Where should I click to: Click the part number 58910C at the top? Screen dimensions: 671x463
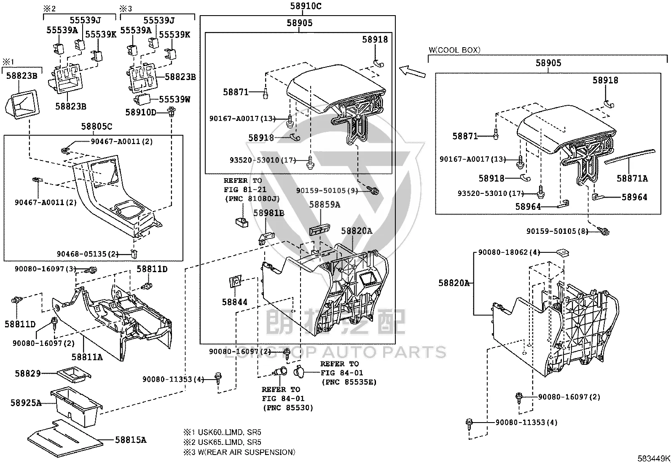coord(306,6)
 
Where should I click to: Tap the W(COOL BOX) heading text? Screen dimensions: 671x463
coord(454,50)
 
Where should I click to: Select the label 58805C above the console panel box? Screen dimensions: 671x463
coord(97,127)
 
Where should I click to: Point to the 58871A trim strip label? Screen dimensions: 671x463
coord(632,179)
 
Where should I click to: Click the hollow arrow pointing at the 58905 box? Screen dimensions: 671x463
coord(412,72)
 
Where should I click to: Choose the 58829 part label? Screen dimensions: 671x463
coord(28,373)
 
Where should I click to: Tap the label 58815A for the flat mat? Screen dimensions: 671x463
coord(131,440)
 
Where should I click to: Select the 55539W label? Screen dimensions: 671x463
coord(174,99)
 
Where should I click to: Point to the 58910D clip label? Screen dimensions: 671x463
coord(141,112)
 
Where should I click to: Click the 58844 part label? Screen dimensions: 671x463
coord(234,302)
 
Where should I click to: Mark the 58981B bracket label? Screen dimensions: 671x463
coord(269,213)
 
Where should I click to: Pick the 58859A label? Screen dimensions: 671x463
coord(325,205)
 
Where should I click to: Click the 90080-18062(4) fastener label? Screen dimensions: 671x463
coord(509,252)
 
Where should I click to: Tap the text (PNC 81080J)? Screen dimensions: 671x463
coord(252,199)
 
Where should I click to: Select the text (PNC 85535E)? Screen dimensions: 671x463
coord(349,382)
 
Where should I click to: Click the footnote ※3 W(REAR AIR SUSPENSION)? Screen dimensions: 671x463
coord(239,452)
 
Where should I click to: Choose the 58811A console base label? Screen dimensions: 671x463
coord(87,357)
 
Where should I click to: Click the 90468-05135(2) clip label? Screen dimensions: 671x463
coord(88,254)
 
